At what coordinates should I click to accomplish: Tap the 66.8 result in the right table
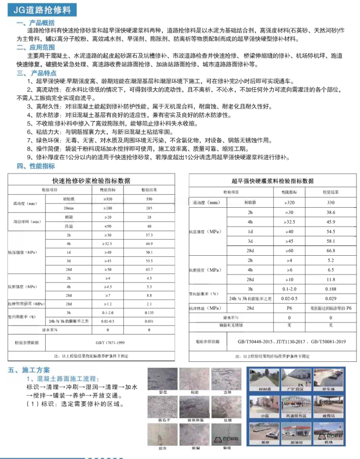pyautogui.click(x=330, y=251)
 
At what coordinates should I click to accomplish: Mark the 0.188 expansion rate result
pyautogui.click(x=330, y=289)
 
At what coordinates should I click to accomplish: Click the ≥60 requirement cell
pyautogui.click(x=289, y=251)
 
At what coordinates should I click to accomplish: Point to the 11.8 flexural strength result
pyautogui.click(x=330, y=280)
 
